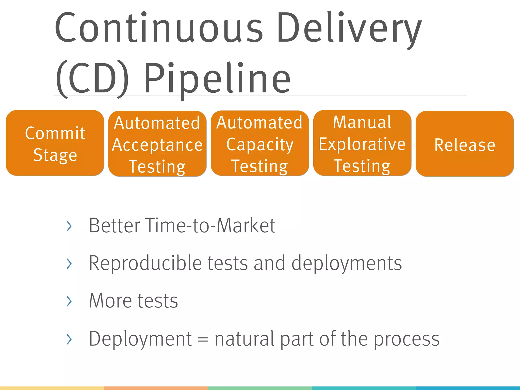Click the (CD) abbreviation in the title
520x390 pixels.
[x=92, y=79]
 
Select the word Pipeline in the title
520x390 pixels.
[x=217, y=79]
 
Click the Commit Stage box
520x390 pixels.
[x=55, y=143]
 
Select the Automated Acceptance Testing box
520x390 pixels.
[x=157, y=143]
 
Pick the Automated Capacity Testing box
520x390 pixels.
[x=260, y=143]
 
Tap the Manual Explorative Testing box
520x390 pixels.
[x=362, y=143]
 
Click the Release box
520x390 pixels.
[x=465, y=144]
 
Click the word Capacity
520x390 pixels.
[x=260, y=145]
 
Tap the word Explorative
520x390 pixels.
[x=362, y=144]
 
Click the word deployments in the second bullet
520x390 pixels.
[x=347, y=263]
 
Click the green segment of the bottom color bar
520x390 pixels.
[x=260, y=388]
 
